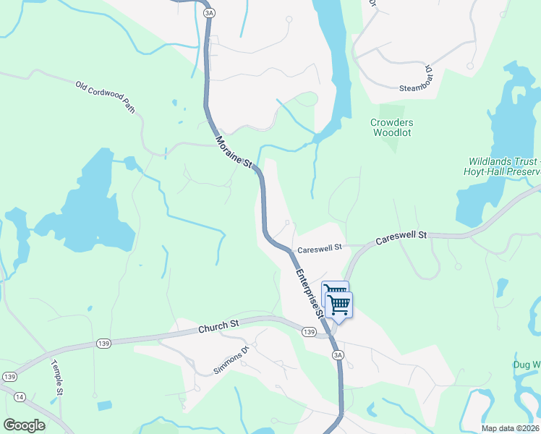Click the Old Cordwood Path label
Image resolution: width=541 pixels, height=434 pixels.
(x=106, y=96)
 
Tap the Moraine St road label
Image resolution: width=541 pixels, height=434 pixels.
(x=232, y=151)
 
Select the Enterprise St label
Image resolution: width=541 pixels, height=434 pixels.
(x=308, y=292)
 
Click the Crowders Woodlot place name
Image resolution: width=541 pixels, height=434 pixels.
(x=391, y=127)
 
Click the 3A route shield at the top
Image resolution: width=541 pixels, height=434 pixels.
(x=210, y=13)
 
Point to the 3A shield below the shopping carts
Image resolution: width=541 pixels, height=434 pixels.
(x=338, y=355)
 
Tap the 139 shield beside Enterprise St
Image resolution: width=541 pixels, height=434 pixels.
(x=310, y=331)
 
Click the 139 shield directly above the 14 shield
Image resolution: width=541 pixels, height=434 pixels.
(x=10, y=377)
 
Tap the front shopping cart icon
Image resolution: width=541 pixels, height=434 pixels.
(x=339, y=305)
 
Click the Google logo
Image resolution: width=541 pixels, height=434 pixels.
(x=24, y=425)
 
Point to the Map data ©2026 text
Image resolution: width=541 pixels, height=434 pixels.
(x=511, y=428)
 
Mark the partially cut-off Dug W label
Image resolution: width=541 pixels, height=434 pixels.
(x=527, y=365)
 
